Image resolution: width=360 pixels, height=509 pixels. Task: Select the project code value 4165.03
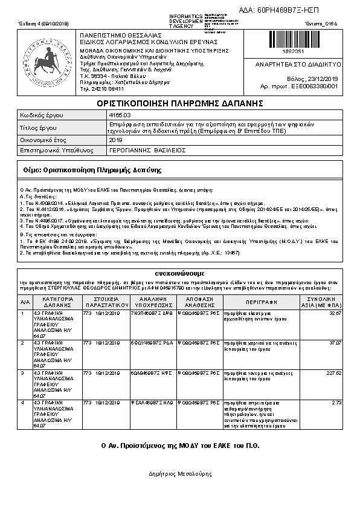click(x=117, y=115)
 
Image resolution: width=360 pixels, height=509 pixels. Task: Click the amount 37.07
click(x=335, y=343)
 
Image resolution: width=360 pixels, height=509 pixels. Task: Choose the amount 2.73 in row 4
click(x=336, y=401)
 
